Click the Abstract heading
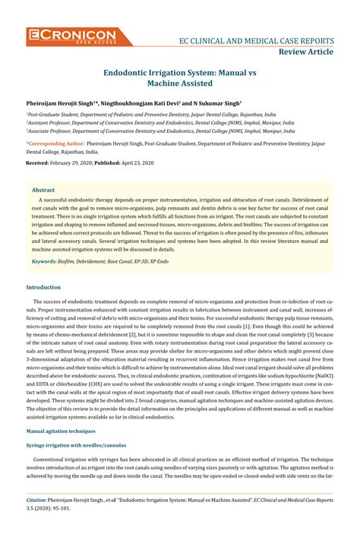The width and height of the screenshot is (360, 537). (x=45, y=190)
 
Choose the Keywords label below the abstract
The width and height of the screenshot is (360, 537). (x=44, y=261)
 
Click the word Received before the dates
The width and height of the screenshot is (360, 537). (x=38, y=163)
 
